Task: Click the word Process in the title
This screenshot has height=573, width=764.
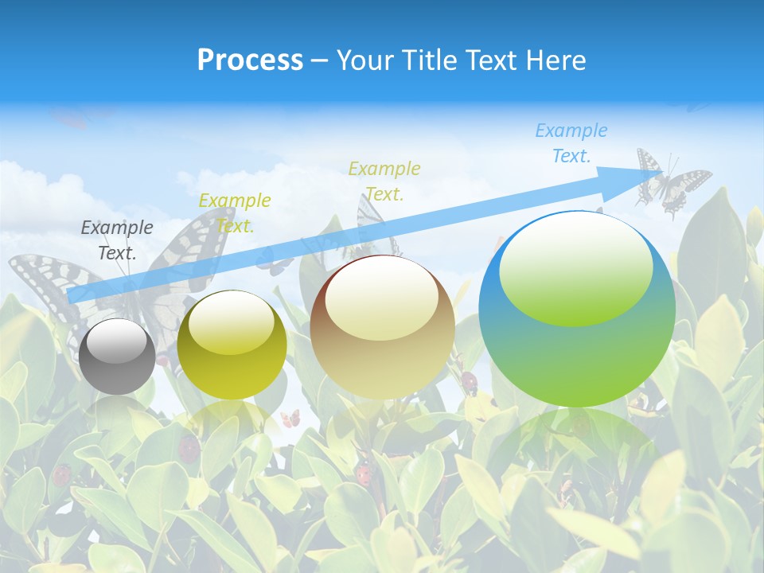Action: (250, 60)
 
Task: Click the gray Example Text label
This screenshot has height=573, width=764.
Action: (117, 240)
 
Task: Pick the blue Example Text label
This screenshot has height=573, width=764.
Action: (571, 142)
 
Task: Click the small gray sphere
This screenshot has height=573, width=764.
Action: (117, 357)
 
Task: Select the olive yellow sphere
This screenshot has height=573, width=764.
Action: (232, 345)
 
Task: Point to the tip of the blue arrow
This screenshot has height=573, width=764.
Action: (662, 172)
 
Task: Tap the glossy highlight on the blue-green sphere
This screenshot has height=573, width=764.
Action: (575, 269)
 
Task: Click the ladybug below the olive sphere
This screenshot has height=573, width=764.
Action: (189, 448)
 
